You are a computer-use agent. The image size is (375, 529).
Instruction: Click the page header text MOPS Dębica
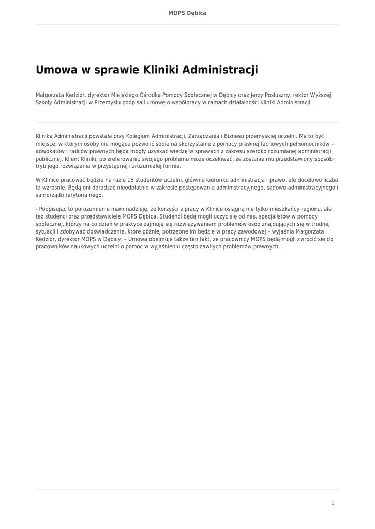coord(187,13)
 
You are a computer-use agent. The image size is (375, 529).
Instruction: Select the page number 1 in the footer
coord(333,503)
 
